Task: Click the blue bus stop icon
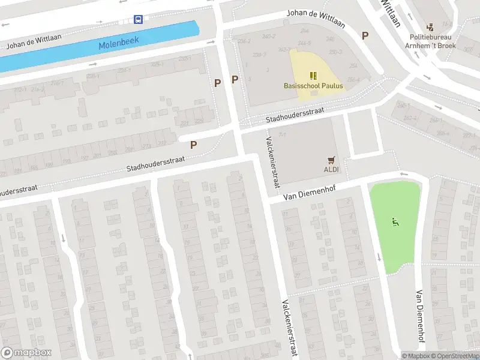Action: [x=138, y=20]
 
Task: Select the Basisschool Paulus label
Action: [x=313, y=86]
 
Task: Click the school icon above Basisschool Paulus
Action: [x=313, y=75]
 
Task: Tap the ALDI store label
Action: [x=331, y=170]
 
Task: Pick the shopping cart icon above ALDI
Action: [x=331, y=160]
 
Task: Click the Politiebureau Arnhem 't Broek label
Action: [x=430, y=41]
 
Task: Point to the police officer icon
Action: [x=430, y=27]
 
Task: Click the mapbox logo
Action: [x=26, y=353]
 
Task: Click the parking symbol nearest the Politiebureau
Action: [x=365, y=35]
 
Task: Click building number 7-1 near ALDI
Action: [x=281, y=136]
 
